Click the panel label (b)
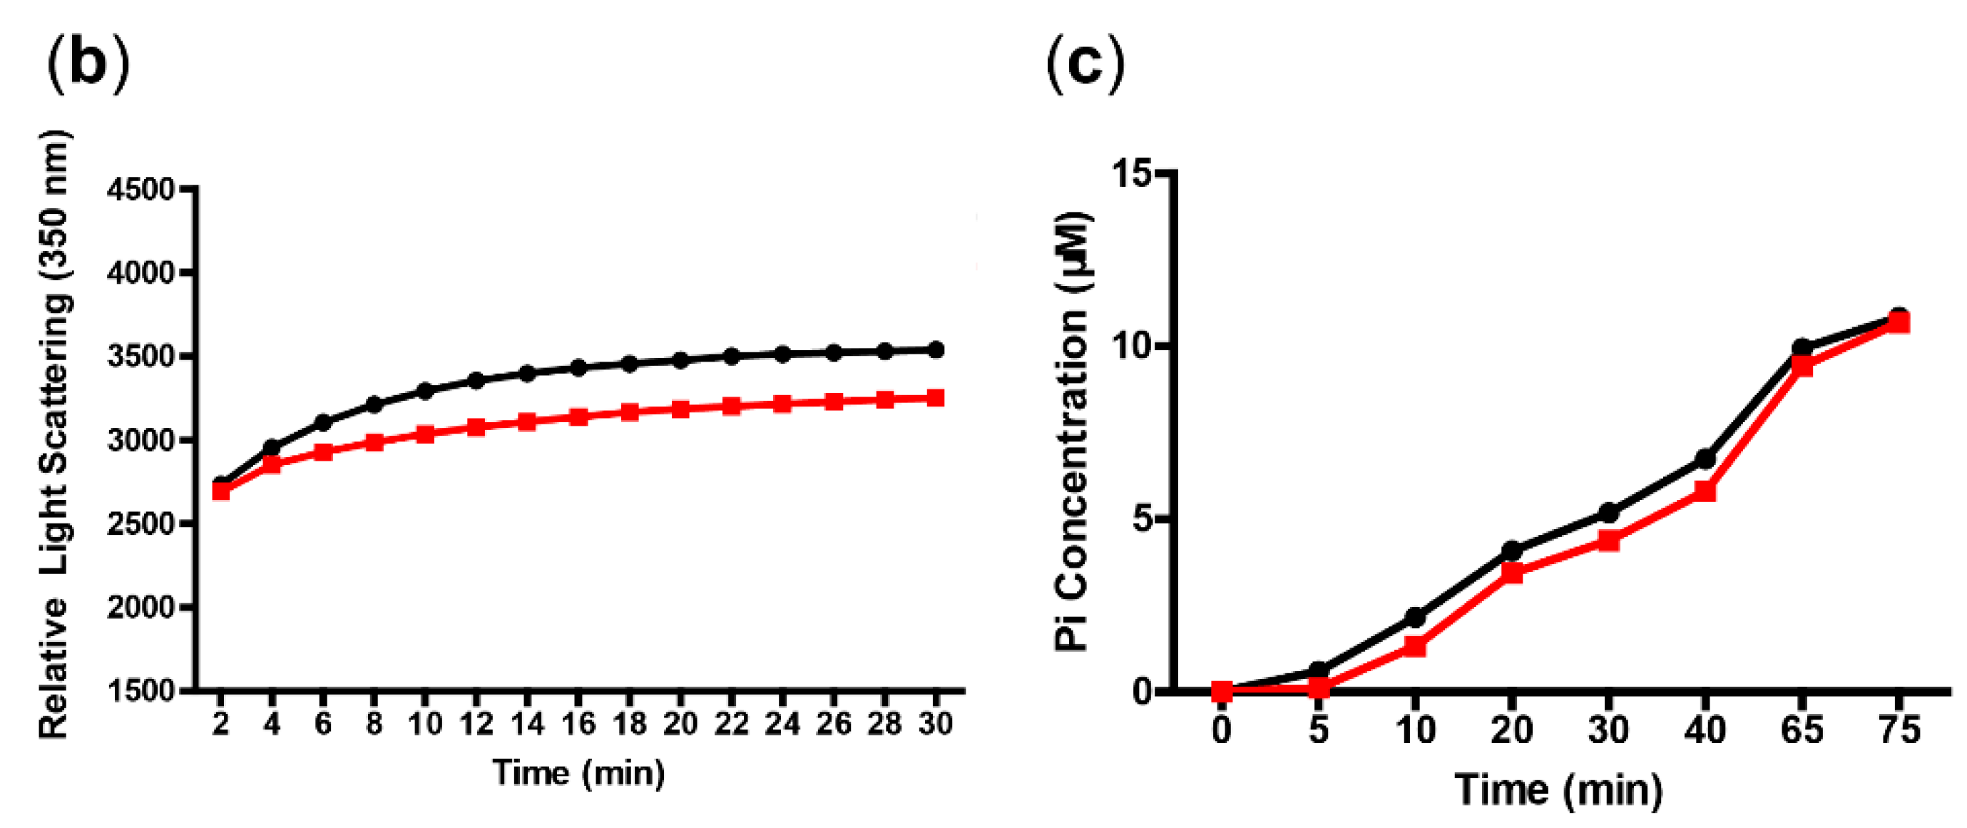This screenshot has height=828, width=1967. (x=88, y=64)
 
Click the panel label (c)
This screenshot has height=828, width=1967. (x=1084, y=64)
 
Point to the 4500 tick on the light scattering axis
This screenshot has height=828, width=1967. (x=141, y=190)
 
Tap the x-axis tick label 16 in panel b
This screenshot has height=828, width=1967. (x=578, y=722)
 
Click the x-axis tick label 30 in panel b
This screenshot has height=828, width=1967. (x=934, y=722)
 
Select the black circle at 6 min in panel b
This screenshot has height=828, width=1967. (x=323, y=422)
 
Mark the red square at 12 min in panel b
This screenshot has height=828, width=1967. (x=476, y=427)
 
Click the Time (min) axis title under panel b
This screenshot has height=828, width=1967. (x=578, y=773)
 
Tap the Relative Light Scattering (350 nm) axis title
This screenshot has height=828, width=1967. (x=55, y=435)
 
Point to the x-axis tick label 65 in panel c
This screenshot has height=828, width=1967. (x=1802, y=730)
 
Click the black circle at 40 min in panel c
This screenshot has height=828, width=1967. (x=1705, y=459)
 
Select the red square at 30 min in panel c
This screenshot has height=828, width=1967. (x=1608, y=541)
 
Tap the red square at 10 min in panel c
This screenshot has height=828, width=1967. (x=1415, y=647)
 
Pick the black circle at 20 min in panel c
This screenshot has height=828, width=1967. (x=1512, y=551)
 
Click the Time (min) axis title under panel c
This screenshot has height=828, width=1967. (x=1558, y=789)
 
